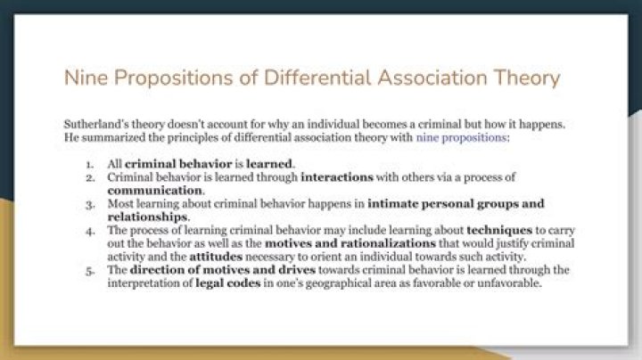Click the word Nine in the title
[83, 78]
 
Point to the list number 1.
[89, 165]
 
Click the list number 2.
[89, 178]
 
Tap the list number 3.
[89, 204]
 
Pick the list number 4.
[89, 230]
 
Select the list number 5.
[89, 269]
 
